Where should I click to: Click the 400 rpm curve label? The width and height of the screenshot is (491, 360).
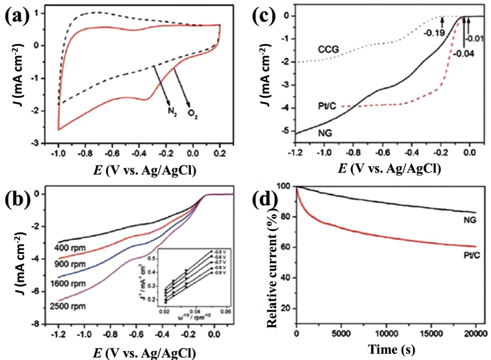[70, 248]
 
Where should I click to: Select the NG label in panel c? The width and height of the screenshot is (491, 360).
[325, 133]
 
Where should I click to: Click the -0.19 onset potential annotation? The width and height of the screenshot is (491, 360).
[434, 32]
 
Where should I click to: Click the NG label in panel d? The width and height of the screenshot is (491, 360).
[470, 220]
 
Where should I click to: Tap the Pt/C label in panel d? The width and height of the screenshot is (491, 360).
[471, 255]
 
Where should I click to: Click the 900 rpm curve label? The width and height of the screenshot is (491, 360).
[70, 264]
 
